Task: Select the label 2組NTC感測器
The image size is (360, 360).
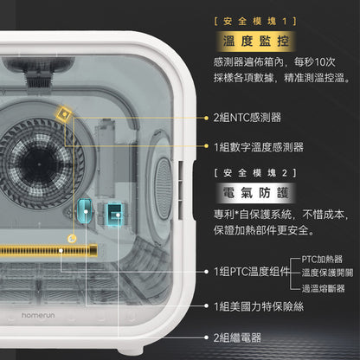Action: (247, 117)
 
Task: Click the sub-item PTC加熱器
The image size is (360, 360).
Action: (324, 258)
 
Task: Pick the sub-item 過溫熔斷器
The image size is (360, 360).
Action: (324, 287)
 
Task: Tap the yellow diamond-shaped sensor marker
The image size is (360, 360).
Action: (63, 113)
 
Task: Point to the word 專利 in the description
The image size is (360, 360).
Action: (223, 215)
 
